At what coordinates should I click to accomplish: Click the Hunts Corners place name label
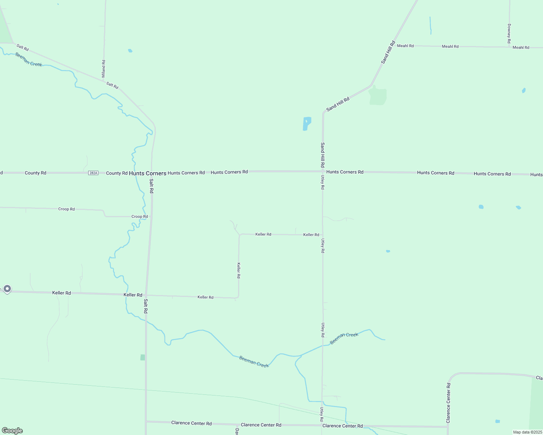click(x=147, y=173)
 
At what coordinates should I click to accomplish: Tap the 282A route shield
click(x=93, y=173)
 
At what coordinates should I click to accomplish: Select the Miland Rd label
click(x=103, y=69)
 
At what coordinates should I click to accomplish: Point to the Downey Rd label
click(x=509, y=34)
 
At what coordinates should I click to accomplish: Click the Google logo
click(x=12, y=431)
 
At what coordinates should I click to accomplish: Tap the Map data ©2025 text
click(x=527, y=432)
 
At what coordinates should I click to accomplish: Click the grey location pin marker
click(x=7, y=289)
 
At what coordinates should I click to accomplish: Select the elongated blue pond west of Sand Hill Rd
click(x=307, y=123)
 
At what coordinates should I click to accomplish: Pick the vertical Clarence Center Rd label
click(x=448, y=403)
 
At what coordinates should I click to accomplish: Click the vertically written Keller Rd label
click(x=238, y=270)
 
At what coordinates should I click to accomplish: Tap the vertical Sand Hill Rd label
click(x=322, y=154)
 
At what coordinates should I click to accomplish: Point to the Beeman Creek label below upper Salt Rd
click(x=29, y=59)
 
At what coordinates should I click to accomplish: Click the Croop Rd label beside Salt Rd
click(x=139, y=216)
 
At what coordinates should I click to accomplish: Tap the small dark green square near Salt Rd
click(x=143, y=357)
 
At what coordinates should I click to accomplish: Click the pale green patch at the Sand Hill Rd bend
click(x=378, y=96)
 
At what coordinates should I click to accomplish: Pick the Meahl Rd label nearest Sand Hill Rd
click(x=405, y=46)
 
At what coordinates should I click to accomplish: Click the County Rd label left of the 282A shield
click(x=36, y=173)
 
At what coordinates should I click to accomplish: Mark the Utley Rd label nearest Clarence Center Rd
click(x=322, y=414)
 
